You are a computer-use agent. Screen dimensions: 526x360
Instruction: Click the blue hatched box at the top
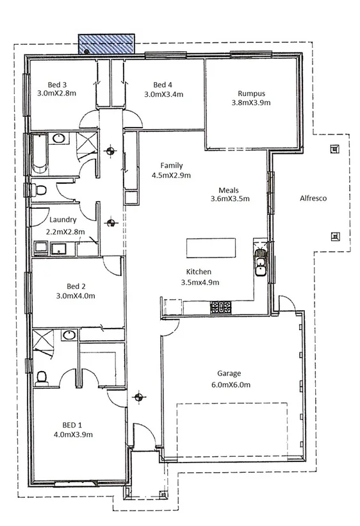pos(106,44)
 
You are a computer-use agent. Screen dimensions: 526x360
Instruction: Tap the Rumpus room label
pos(250,92)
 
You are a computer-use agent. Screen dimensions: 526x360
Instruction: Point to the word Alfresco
pos(313,199)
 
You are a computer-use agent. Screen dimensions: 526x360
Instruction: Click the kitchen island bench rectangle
pos(211,247)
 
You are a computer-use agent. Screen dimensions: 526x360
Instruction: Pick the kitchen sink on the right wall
pos(261,261)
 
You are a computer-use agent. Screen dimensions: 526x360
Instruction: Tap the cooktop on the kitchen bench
pos(221,308)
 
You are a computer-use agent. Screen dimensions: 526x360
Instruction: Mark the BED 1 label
pos(72,425)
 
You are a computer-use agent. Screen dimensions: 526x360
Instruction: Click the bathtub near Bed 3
pos(39,154)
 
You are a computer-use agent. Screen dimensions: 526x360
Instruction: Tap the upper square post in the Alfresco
pos(332,150)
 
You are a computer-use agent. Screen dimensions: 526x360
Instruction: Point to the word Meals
pos(229,190)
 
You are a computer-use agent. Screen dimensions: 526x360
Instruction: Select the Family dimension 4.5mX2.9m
pos(171,175)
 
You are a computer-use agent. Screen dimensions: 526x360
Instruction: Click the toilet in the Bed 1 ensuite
pos(42,378)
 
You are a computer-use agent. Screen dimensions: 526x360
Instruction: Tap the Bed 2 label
pos(76,286)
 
